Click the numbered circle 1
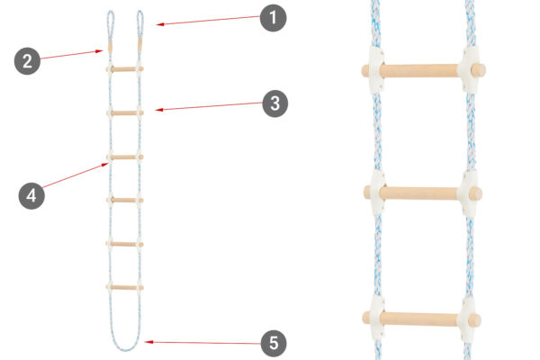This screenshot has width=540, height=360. [x=273, y=18]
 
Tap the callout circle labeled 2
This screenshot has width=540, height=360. [x=27, y=61]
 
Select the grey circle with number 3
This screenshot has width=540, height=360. [x=275, y=103]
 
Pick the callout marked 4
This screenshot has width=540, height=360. [x=31, y=195]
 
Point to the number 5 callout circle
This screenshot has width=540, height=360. [x=274, y=344]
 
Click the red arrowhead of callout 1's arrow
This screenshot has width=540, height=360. [x=159, y=24]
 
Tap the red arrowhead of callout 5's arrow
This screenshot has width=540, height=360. [x=148, y=342]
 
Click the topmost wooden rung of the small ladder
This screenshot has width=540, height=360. [x=125, y=69]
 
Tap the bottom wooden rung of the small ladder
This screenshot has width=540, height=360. [x=125, y=287]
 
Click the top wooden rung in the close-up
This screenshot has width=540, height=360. [x=424, y=70]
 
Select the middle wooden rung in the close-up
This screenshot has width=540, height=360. [x=423, y=193]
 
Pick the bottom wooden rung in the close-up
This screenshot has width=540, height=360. [x=422, y=319]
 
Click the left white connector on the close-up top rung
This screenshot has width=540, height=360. [x=376, y=70]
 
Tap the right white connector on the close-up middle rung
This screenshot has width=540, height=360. [x=468, y=193]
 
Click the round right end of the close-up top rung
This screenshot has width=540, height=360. [x=479, y=70]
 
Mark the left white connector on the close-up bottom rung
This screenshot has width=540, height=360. [x=377, y=318]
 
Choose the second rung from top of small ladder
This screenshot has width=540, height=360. [x=125, y=112]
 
